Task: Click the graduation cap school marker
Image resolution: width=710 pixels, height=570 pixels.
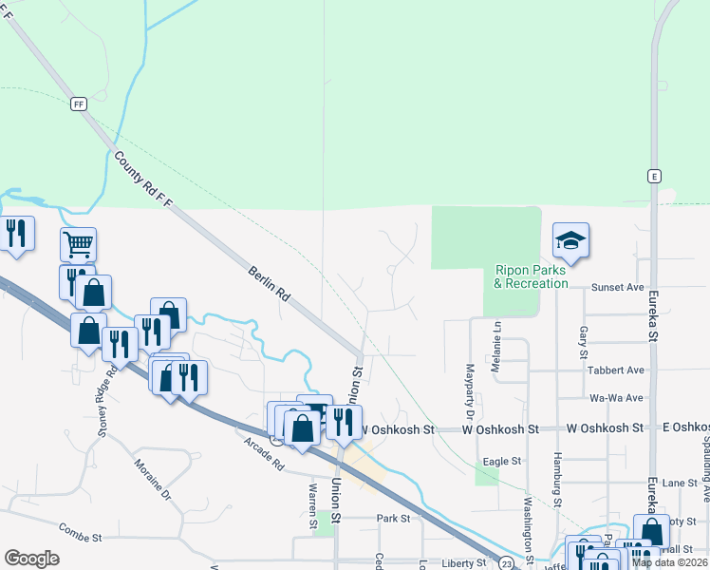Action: tap(571, 241)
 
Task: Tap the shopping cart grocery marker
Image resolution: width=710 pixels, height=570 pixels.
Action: tap(78, 244)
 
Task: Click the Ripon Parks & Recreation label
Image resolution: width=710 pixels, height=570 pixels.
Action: tap(531, 276)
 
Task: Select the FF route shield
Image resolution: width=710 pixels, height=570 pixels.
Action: tap(77, 104)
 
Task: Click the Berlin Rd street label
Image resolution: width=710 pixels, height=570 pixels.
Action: tap(269, 282)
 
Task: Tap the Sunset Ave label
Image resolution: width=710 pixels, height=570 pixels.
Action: tap(617, 286)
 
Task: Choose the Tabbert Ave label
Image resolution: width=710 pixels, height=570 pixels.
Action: tap(616, 370)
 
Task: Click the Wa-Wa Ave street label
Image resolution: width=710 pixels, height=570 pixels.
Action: tap(616, 398)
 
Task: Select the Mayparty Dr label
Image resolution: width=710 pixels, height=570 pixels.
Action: tap(468, 390)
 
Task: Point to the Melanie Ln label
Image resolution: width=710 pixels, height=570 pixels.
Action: tap(496, 340)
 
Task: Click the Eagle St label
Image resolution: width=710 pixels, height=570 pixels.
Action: tap(502, 461)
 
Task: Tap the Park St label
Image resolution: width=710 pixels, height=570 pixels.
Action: tap(392, 519)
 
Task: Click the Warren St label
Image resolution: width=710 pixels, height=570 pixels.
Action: tap(312, 504)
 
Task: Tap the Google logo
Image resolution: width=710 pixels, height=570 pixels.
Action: tap(31, 559)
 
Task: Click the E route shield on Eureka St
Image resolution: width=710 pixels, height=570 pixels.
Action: tap(654, 176)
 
